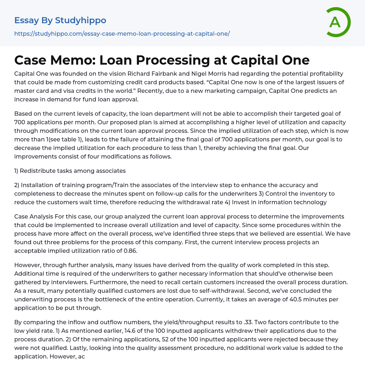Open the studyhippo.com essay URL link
(x=122, y=34)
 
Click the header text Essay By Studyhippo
(x=60, y=20)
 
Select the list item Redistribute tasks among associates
(x=73, y=171)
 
